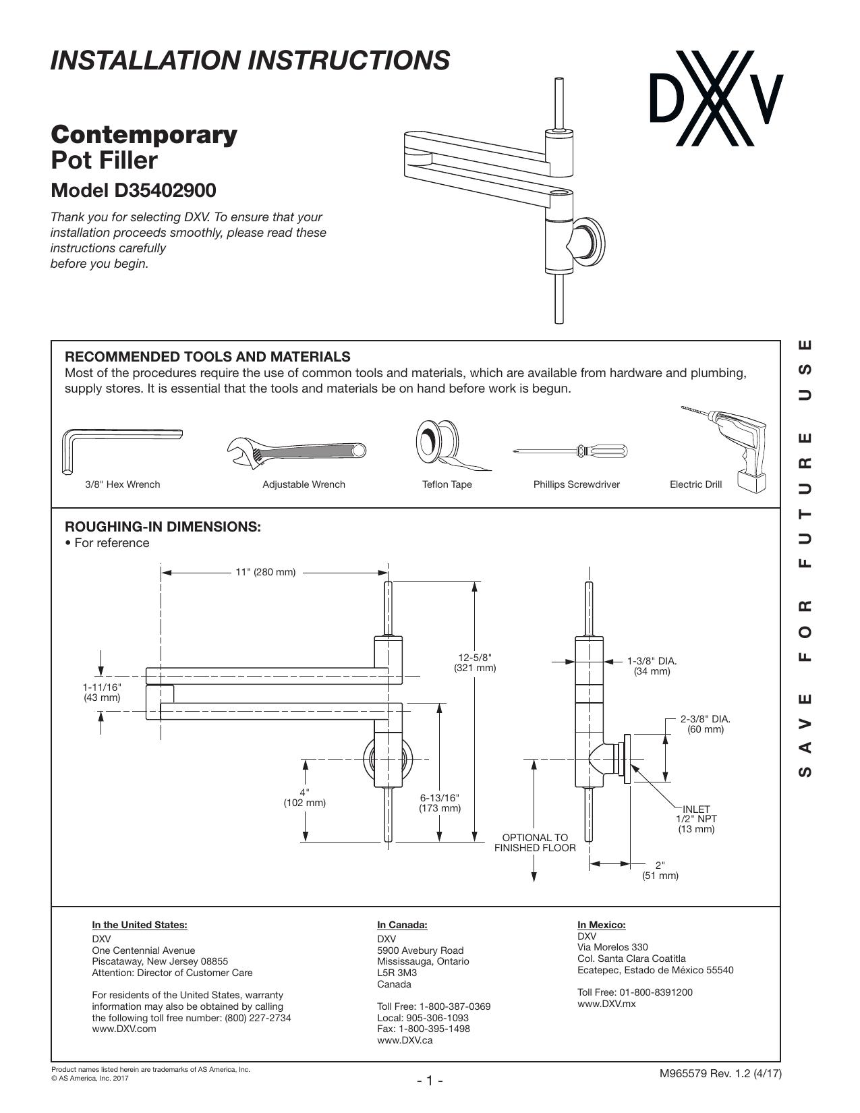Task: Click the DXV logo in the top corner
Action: click(716, 98)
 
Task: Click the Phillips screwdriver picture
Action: click(569, 451)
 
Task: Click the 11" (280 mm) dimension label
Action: click(265, 572)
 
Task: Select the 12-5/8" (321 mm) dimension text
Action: click(475, 663)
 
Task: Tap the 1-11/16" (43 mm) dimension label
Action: click(102, 693)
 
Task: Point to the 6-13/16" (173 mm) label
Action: click(440, 803)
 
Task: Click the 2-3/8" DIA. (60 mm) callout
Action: click(706, 724)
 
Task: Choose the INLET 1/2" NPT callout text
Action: click(696, 819)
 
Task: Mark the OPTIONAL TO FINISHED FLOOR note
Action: click(535, 843)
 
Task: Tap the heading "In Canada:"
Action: click(402, 925)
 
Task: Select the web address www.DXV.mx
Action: click(606, 1004)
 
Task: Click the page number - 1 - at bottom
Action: click(430, 1081)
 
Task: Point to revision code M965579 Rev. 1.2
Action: click(706, 1074)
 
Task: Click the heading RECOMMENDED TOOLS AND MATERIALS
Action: click(208, 357)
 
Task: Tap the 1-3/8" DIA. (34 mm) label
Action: click(652, 666)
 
